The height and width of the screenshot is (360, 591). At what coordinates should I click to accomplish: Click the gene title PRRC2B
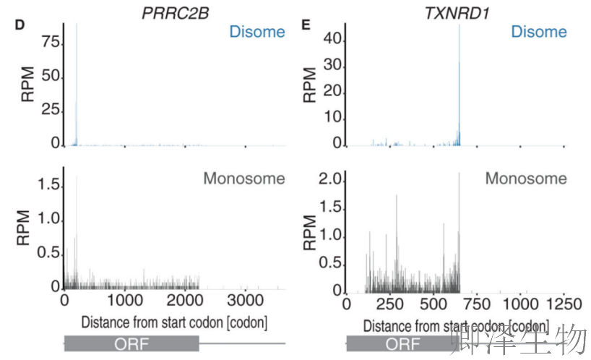pyautogui.click(x=171, y=12)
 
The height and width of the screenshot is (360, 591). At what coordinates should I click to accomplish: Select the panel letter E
pyautogui.click(x=306, y=24)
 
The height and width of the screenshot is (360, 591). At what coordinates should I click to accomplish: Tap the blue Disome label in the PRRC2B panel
pyautogui.click(x=256, y=32)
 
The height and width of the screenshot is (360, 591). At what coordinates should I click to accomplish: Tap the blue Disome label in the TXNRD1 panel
pyautogui.click(x=538, y=32)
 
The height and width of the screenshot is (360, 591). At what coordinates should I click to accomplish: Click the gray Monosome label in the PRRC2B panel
pyautogui.click(x=244, y=179)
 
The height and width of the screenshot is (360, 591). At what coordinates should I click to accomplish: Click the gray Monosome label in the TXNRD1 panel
pyautogui.click(x=526, y=179)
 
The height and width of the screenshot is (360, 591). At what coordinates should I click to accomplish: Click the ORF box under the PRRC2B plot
pyautogui.click(x=131, y=344)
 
